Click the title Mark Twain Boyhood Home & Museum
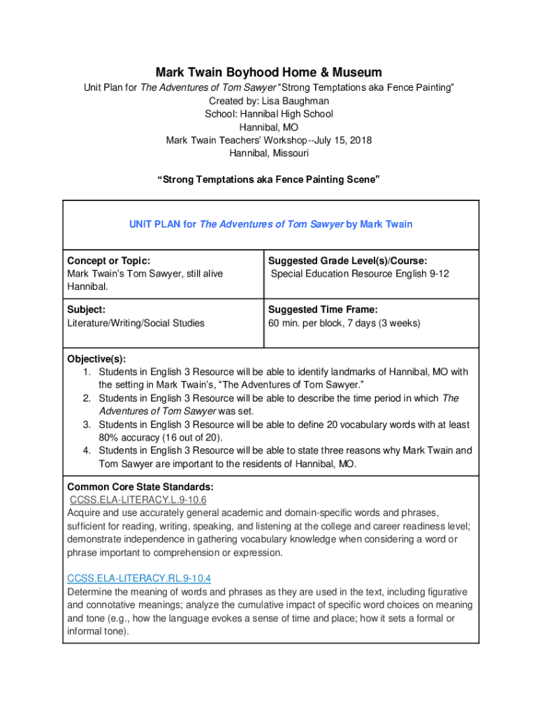point(269,73)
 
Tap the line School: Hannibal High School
point(269,114)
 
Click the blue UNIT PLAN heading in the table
point(270,224)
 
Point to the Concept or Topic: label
point(108,260)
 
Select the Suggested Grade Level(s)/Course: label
point(347,260)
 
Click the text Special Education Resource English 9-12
point(360,274)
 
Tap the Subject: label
point(86,309)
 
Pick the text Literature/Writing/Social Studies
point(136,323)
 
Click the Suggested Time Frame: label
point(323,309)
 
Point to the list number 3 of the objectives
point(87,425)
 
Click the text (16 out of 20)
point(189,438)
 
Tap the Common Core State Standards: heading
point(140,487)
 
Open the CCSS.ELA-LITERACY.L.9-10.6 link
point(138,500)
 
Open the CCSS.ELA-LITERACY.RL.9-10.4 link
point(139,578)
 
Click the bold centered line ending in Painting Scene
point(269,179)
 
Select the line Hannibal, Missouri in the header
point(269,154)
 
